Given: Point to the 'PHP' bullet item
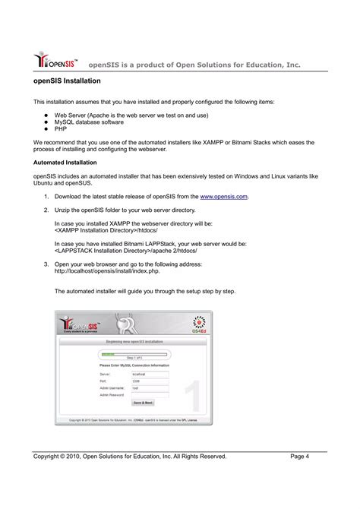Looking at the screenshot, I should (60, 129).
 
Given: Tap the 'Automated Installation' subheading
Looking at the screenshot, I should (64, 163).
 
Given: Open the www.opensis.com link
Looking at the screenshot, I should (224, 196).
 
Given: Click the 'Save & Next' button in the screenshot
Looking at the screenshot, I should (143, 402).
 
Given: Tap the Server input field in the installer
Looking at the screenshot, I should (150, 374).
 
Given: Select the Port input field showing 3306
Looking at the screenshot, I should (150, 381).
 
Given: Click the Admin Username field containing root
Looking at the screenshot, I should (150, 387).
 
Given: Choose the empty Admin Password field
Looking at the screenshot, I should (150, 394).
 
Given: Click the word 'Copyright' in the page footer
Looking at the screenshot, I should (49, 456).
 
